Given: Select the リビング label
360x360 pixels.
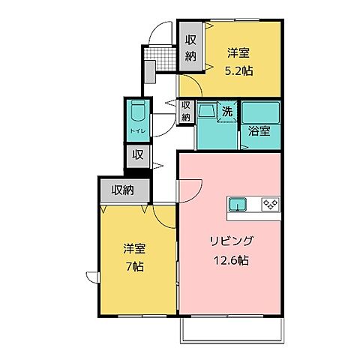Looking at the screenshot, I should click(x=232, y=241).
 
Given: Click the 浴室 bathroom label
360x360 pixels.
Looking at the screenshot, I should click(x=260, y=130).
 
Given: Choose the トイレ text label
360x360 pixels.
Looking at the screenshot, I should click(x=136, y=130).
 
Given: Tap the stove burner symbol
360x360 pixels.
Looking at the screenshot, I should click(x=269, y=204).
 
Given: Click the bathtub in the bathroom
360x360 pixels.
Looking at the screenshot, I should click(x=261, y=112).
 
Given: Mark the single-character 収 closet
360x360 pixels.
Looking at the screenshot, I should click(x=138, y=156).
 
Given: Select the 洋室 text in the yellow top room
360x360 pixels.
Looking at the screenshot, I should click(x=239, y=53).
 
